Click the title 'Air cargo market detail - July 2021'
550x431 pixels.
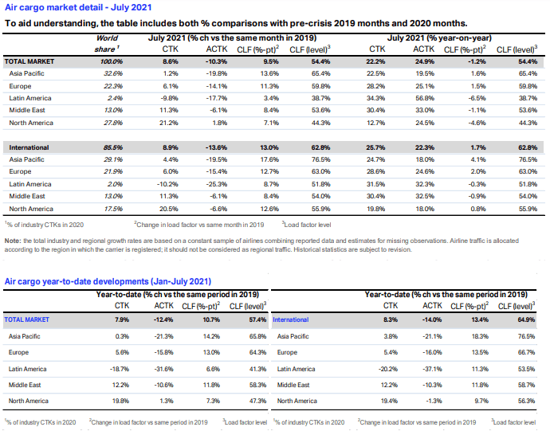pos(78,7)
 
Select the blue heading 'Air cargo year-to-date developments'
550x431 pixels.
pos(77,281)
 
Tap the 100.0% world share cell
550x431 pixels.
pos(111,61)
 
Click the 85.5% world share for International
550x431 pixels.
pos(112,147)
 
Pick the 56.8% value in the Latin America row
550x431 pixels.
pos(425,98)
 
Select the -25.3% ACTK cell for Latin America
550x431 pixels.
pos(217,184)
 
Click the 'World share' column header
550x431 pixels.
pos(107,44)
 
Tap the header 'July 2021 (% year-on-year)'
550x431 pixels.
pos(439,38)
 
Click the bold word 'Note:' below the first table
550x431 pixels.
pos(13,241)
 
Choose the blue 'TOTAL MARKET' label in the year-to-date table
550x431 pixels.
pos(26,319)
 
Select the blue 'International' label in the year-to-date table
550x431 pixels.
pos(291,319)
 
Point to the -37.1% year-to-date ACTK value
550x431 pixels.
pos(432,369)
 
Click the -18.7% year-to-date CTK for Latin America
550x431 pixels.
pos(120,369)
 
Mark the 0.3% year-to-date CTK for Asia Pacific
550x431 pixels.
pos(122,336)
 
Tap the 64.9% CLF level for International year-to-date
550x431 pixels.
pos(526,319)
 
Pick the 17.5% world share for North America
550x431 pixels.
pos(113,209)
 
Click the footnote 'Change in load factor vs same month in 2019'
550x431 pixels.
pos(199,225)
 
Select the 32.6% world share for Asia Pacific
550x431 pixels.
pos(113,73)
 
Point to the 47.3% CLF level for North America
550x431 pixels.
pos(257,401)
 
